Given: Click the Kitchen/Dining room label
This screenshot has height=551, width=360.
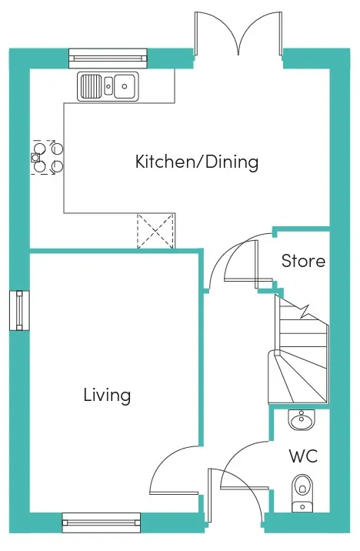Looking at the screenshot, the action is [x=197, y=162].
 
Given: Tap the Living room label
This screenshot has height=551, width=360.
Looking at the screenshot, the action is [x=107, y=395].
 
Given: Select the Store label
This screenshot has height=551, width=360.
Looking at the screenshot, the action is [x=303, y=261].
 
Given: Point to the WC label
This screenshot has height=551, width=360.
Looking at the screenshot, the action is [x=303, y=456].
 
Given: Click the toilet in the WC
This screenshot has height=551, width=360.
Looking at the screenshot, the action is [x=302, y=493].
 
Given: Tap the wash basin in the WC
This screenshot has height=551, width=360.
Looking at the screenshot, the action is [x=302, y=420].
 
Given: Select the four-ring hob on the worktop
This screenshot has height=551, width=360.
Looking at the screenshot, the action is [x=47, y=157].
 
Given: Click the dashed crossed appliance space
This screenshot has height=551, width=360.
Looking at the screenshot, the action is [x=155, y=231].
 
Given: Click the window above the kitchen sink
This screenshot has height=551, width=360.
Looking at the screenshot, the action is [x=108, y=58].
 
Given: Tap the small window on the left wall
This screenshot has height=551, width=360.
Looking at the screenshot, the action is [x=19, y=311].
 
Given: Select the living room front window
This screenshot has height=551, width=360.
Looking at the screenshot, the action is [x=101, y=523].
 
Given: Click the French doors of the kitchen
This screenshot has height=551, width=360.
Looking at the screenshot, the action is [x=238, y=34].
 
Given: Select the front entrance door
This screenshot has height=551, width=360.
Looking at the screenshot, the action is [x=235, y=495].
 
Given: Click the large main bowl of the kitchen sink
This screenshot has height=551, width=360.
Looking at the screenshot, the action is [x=125, y=86].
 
